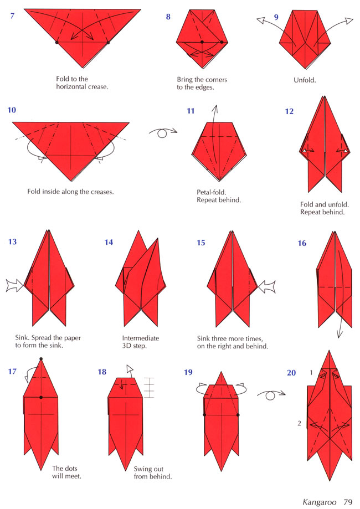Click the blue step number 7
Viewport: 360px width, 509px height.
[12, 16]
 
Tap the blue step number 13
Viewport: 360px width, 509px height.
[12, 242]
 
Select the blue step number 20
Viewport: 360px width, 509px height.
[291, 373]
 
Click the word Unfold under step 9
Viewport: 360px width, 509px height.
[305, 80]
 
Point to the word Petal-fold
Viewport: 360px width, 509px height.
[212, 192]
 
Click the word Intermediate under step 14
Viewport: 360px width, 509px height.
[141, 338]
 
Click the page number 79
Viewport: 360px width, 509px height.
[348, 502]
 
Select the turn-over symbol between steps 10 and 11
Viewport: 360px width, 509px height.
[163, 132]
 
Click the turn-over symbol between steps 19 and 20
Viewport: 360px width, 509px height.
[271, 395]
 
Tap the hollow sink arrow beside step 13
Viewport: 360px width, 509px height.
[14, 285]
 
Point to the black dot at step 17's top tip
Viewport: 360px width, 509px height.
[41, 359]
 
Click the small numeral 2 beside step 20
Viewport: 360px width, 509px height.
[299, 423]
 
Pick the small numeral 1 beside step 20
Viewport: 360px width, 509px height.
[311, 373]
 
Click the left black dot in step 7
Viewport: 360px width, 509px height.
[57, 42]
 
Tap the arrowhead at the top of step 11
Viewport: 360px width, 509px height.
[215, 108]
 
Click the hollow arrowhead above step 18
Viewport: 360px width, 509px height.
[130, 368]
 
